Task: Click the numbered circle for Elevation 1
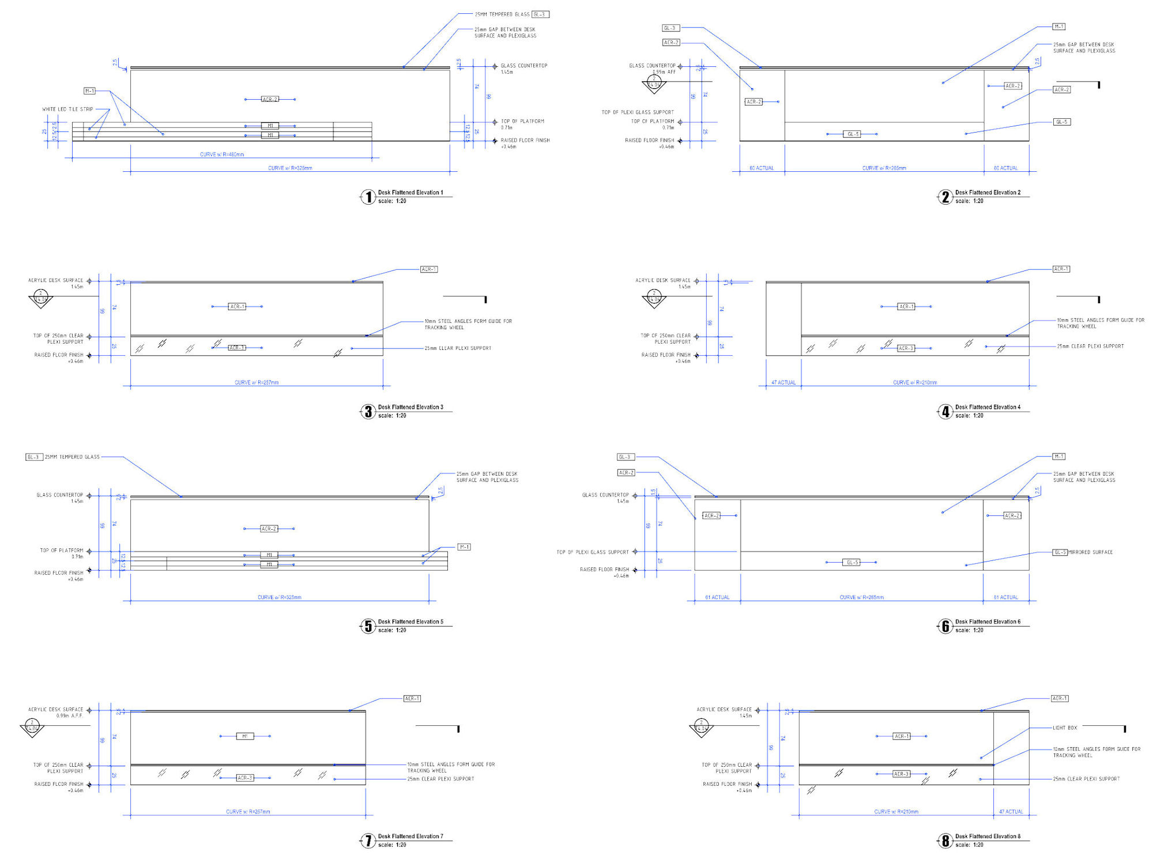pyautogui.click(x=368, y=197)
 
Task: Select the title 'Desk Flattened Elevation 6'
pyautogui.click(x=988, y=621)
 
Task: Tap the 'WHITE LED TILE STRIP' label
pyautogui.click(x=67, y=109)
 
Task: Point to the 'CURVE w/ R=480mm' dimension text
pyautogui.click(x=222, y=155)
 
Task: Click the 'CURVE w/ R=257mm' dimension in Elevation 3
pyautogui.click(x=257, y=382)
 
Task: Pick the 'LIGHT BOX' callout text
pyautogui.click(x=1065, y=728)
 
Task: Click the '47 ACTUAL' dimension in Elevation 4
pyautogui.click(x=783, y=382)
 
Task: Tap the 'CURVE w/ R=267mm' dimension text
pyautogui.click(x=248, y=812)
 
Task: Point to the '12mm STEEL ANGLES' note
pyautogui.click(x=1097, y=752)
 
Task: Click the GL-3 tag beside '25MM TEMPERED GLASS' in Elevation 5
pyautogui.click(x=34, y=457)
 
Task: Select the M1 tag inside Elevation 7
pyautogui.click(x=245, y=736)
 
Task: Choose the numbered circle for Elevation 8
pyautogui.click(x=945, y=841)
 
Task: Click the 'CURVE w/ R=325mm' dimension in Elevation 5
pyautogui.click(x=279, y=597)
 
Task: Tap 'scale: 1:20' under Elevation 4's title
pyautogui.click(x=969, y=416)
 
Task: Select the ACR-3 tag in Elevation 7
pyautogui.click(x=245, y=778)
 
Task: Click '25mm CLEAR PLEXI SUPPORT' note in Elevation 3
pyautogui.click(x=458, y=348)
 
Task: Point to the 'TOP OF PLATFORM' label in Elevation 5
pyautogui.click(x=61, y=551)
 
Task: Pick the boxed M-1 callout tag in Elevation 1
pyautogui.click(x=89, y=91)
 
